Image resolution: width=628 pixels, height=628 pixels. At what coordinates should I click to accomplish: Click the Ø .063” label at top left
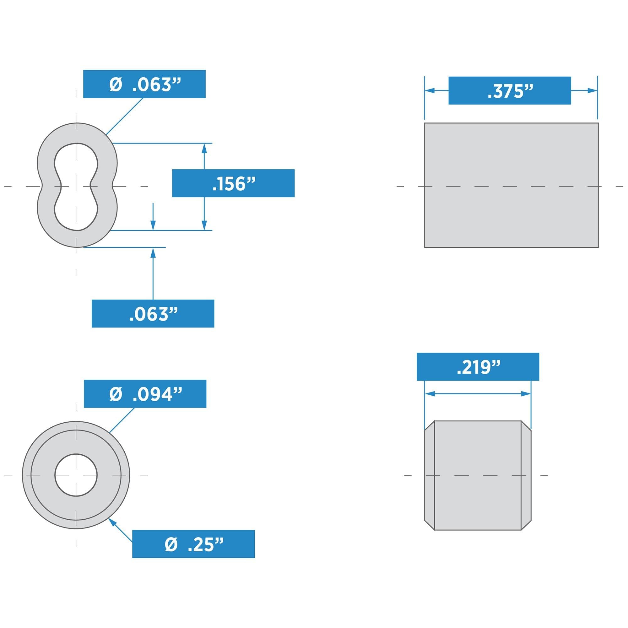click(144, 84)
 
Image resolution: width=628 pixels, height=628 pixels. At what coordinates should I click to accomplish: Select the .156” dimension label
click(233, 183)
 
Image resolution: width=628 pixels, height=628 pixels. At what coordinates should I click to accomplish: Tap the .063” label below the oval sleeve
click(153, 313)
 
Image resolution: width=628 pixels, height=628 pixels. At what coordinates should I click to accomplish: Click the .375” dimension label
click(509, 90)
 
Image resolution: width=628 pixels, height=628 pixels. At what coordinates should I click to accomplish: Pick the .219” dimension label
click(478, 367)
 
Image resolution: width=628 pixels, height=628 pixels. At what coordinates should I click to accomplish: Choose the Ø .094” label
click(145, 394)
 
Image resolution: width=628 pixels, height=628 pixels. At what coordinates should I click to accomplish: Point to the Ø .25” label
click(193, 544)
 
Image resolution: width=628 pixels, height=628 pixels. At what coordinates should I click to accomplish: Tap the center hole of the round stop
click(76, 475)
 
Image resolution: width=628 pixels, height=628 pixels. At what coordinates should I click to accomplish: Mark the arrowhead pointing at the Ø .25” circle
click(112, 522)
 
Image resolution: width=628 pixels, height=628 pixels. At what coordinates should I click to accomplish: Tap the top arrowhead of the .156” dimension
click(204, 148)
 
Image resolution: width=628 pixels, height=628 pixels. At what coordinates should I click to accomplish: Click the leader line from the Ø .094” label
click(122, 420)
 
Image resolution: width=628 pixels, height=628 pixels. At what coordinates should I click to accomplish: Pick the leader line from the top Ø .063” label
click(124, 116)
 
